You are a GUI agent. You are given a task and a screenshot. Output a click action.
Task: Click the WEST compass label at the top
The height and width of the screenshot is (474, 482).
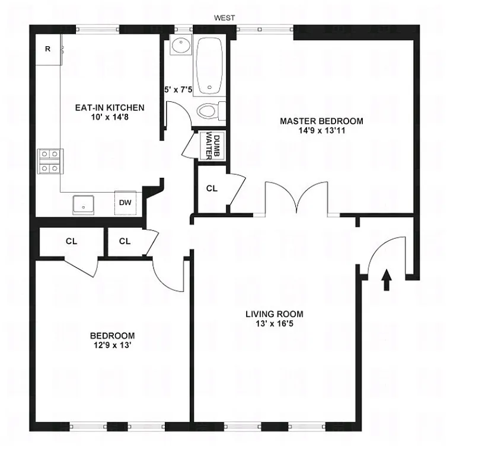pyautogui.click(x=225, y=18)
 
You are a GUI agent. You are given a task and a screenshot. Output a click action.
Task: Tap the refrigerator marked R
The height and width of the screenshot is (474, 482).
pyautogui.click(x=47, y=49)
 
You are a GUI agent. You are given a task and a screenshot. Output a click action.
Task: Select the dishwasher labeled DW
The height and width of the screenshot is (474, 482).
pyautogui.click(x=125, y=203)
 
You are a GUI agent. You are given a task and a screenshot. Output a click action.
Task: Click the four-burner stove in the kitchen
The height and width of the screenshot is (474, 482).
pyautogui.click(x=49, y=161)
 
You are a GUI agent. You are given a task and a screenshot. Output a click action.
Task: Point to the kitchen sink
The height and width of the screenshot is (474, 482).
pyautogui.click(x=84, y=204)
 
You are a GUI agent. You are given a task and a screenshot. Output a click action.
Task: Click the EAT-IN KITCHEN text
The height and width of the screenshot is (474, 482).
pyautogui.click(x=109, y=108)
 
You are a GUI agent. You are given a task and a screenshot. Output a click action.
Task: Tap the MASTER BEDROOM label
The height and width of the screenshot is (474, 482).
pyautogui.click(x=321, y=121)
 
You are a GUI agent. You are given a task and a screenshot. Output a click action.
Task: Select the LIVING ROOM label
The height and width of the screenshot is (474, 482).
pyautogui.click(x=274, y=314)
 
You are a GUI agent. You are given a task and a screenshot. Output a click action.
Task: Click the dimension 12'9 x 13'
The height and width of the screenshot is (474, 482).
pyautogui.click(x=112, y=345)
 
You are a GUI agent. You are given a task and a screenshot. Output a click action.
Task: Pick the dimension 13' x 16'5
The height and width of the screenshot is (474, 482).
pyautogui.click(x=274, y=324)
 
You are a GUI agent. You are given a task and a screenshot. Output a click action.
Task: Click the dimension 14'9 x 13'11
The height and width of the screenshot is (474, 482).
pyautogui.click(x=321, y=131)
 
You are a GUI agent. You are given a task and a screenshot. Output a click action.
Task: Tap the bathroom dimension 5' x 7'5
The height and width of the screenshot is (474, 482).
pyautogui.click(x=178, y=91)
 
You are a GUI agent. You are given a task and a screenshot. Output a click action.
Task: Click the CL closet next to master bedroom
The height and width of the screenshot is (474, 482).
pyautogui.click(x=212, y=188)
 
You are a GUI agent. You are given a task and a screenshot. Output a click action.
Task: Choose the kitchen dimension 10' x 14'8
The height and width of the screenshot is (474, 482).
pyautogui.click(x=109, y=118)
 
